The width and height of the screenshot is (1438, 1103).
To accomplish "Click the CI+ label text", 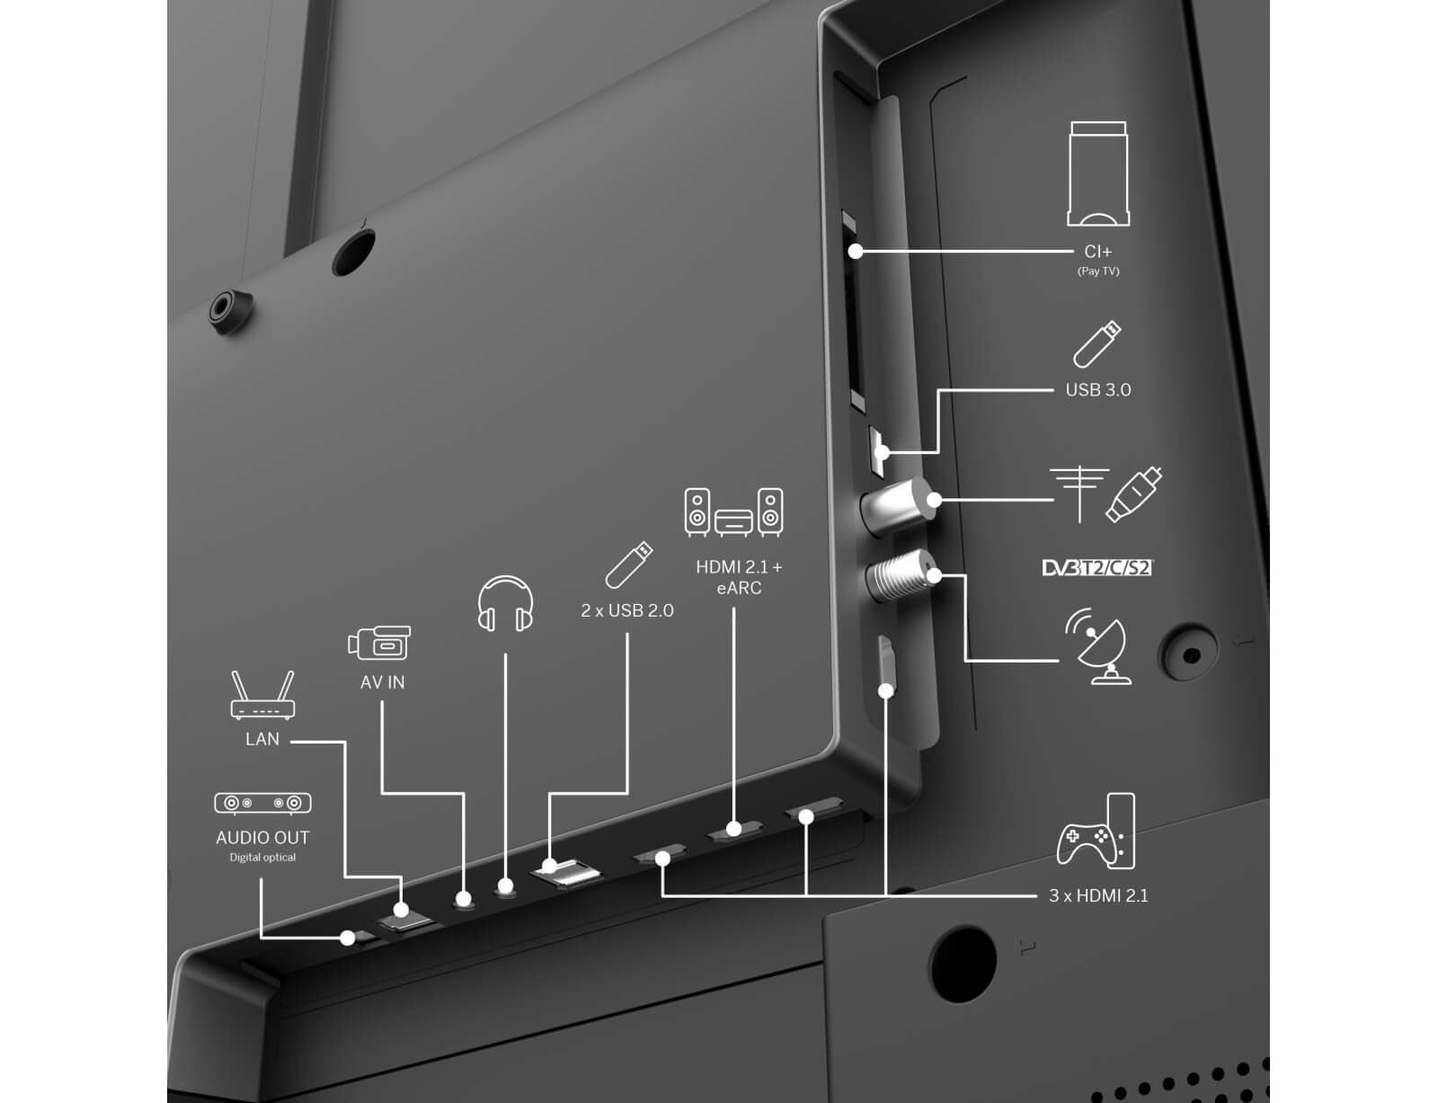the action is pyautogui.click(x=1098, y=252).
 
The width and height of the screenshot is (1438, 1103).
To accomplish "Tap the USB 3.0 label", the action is pyautogui.click(x=1098, y=390).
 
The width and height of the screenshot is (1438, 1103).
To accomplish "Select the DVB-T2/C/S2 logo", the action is pyautogui.click(x=1097, y=568).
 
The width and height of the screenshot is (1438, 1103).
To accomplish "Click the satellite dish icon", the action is pyautogui.click(x=1098, y=645).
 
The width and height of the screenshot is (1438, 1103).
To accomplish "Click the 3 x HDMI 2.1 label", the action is pyautogui.click(x=1098, y=896).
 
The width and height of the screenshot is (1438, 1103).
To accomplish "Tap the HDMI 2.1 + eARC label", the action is pyautogui.click(x=739, y=578).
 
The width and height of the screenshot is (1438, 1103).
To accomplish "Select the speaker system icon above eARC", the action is pyautogui.click(x=734, y=512).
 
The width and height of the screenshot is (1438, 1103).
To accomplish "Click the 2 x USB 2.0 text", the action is pyautogui.click(x=626, y=610).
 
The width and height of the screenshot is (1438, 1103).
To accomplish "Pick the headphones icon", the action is pyautogui.click(x=505, y=603).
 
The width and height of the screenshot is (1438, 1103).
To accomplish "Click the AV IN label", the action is pyautogui.click(x=383, y=682).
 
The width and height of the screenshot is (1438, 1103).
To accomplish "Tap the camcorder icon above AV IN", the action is pyautogui.click(x=379, y=643).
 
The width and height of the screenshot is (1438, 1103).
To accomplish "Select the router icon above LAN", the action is pyautogui.click(x=262, y=695).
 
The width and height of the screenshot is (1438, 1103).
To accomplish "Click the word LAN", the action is pyautogui.click(x=262, y=739).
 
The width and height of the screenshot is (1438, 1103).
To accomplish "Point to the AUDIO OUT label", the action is pyautogui.click(x=262, y=838).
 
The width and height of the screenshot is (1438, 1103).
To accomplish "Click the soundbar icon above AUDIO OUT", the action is pyautogui.click(x=262, y=804).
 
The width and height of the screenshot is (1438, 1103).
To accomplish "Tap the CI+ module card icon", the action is pyautogui.click(x=1098, y=173).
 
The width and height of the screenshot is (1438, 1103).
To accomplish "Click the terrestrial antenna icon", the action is pyautogui.click(x=1079, y=494).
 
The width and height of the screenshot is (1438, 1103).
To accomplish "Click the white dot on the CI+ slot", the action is pyautogui.click(x=856, y=252).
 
